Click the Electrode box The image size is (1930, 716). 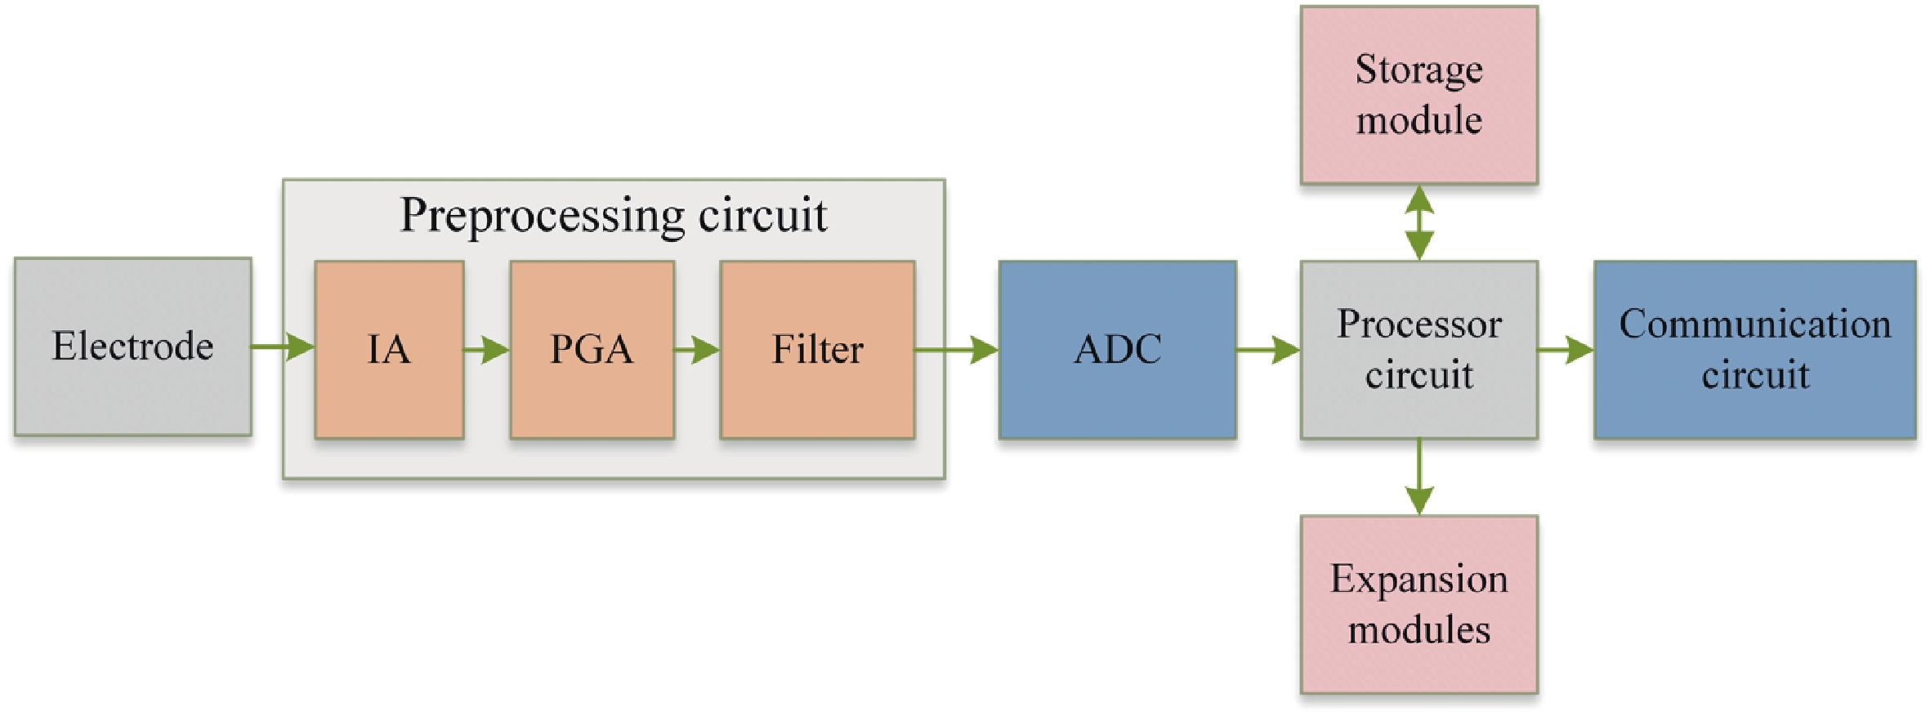(133, 347)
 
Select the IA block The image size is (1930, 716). (389, 350)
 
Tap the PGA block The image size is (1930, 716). (592, 350)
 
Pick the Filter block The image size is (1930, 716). (817, 350)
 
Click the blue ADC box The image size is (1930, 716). (1117, 350)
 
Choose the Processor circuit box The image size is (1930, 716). (1418, 350)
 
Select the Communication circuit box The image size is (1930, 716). (1754, 350)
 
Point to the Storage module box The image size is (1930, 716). (1418, 95)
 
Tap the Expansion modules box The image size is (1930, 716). (1418, 604)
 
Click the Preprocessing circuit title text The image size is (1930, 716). (613, 215)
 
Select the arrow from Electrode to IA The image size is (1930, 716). (283, 347)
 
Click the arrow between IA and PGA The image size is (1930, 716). (487, 350)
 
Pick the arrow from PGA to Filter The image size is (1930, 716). (697, 350)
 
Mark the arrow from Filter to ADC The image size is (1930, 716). (956, 350)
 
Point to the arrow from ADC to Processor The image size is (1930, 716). (1268, 350)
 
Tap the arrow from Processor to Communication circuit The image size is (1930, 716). (1566, 350)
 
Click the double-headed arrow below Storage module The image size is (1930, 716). (1419, 222)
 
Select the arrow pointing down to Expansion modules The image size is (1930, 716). (1419, 477)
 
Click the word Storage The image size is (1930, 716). (1418, 69)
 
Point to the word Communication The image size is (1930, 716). (1754, 324)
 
